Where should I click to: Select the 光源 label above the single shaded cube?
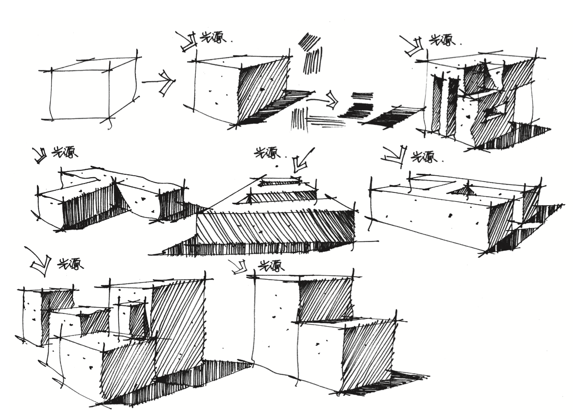coord(213,38)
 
